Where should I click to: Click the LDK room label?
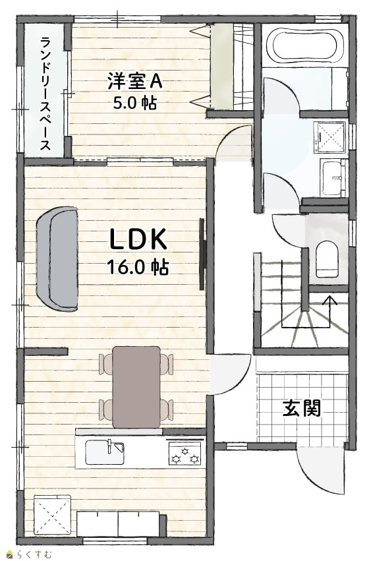(138, 239)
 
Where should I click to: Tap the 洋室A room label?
(135, 81)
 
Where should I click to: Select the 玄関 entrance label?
(302, 408)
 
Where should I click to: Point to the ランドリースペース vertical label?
(45, 93)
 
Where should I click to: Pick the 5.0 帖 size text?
(135, 103)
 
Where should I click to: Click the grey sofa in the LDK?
(57, 258)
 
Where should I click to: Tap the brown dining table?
(136, 387)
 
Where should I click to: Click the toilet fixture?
(327, 259)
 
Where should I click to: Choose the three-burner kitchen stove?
(185, 454)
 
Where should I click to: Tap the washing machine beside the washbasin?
(329, 138)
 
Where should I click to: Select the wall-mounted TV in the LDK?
(202, 254)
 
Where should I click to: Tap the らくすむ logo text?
(35, 554)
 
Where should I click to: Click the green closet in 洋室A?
(221, 65)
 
